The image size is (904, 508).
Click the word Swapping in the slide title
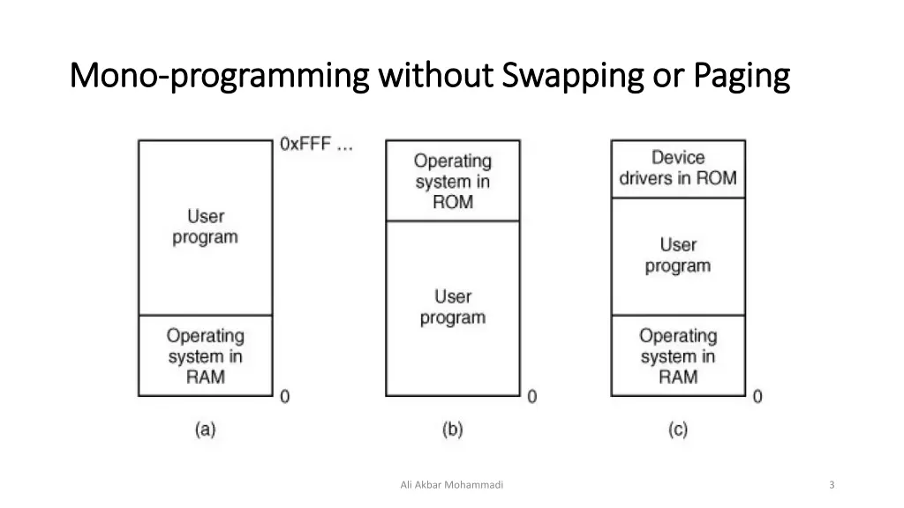pos(573,78)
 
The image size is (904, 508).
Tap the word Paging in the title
pos(741,78)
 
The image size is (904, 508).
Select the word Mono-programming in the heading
pos(219,78)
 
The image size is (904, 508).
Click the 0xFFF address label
pos(316,146)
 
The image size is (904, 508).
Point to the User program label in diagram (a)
pos(205,227)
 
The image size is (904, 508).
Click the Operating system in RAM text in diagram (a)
pos(205,356)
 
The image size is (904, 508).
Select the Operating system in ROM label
pos(452,181)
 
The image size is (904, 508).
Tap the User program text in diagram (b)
pos(452,307)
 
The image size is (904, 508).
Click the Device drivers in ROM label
pos(677,168)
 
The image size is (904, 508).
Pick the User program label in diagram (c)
pos(677,255)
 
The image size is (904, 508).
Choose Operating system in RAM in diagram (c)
pos(677,356)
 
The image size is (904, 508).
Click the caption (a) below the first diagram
pos(205,430)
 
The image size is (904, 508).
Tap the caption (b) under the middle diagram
pos(452,430)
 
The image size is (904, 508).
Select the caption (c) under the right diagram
pos(677,430)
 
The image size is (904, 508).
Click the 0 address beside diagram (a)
pos(284,397)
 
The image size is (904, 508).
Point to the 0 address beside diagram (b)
pos(531,397)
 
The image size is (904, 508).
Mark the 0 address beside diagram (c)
pos(757,397)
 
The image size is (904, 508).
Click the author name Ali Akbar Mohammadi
pos(451,484)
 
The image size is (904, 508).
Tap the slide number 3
pos(832,484)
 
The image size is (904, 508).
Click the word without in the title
pos(438,78)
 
